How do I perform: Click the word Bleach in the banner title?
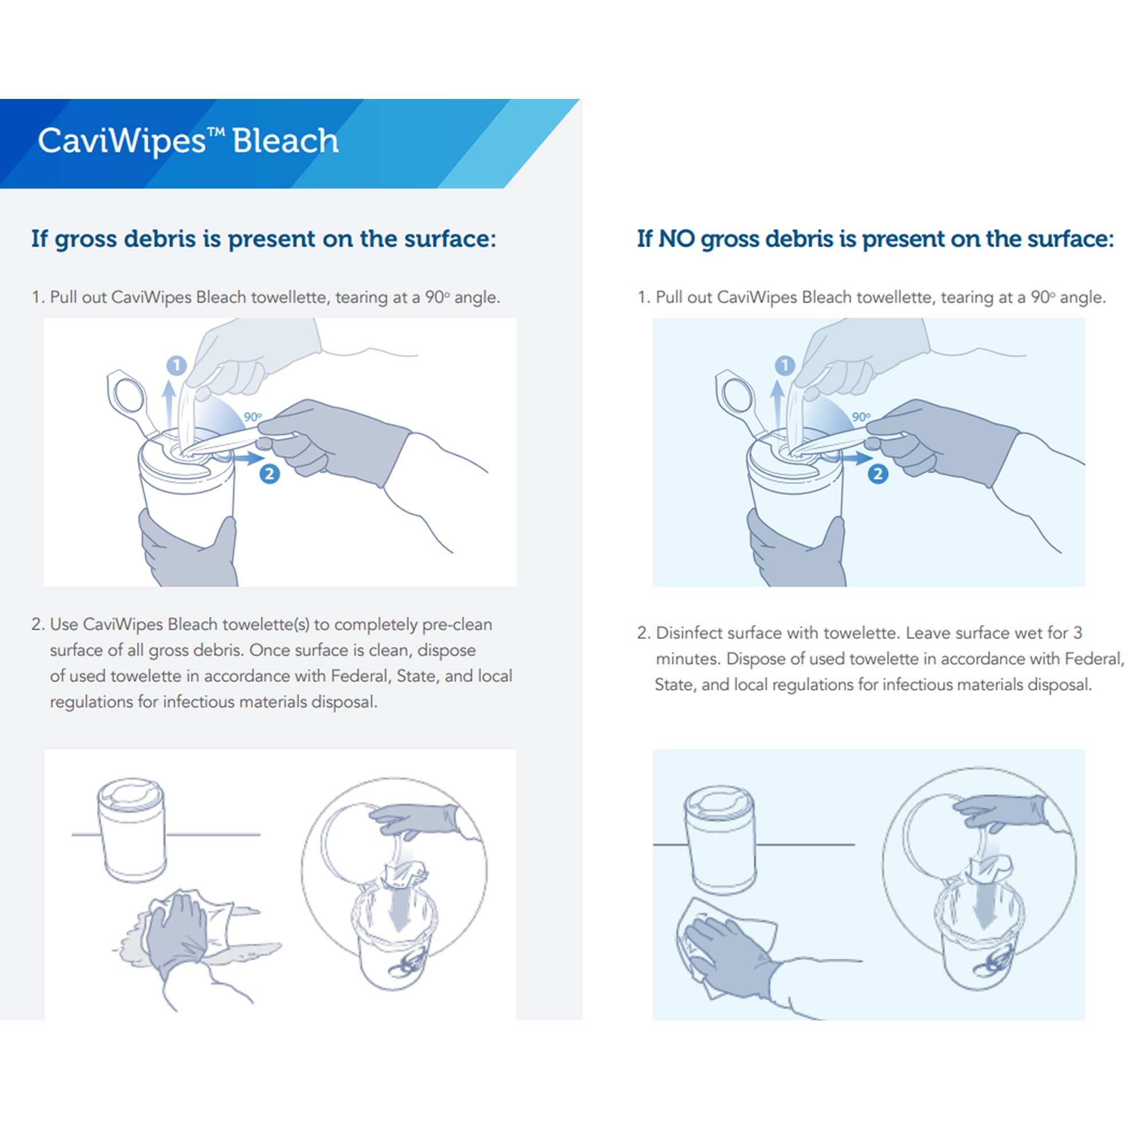285,141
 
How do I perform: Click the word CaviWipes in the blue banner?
121,141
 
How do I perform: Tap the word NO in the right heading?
676,239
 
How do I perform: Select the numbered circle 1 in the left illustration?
176,366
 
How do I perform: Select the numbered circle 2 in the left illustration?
269,473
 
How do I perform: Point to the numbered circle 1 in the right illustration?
785,366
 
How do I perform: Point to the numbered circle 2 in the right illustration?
877,473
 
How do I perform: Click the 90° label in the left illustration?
252,417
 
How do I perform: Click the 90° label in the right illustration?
861,417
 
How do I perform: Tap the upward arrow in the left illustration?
169,403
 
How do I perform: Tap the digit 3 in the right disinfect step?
1077,633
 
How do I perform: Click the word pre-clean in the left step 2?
456,625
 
